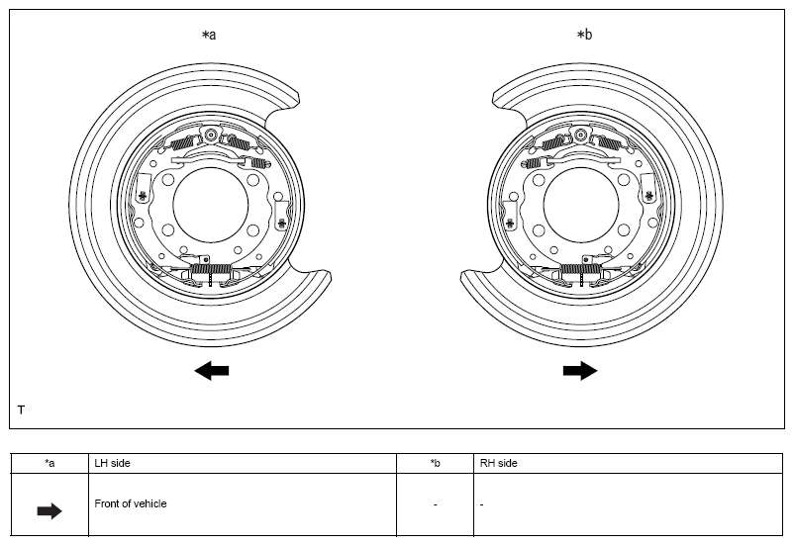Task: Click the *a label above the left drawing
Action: coord(209,35)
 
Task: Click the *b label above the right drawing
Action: coord(584,35)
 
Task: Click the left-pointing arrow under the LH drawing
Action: coord(212,371)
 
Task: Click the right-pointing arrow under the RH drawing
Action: coord(580,371)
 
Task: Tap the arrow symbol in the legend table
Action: coord(50,511)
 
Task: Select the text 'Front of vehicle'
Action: coord(131,503)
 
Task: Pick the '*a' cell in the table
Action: coord(50,463)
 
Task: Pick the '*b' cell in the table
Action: coord(436,463)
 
